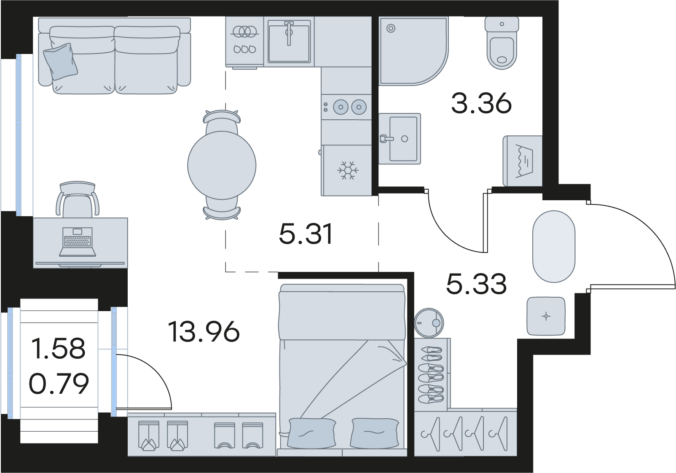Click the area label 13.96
point(204,331)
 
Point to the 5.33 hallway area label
point(476,283)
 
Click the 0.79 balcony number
point(59,383)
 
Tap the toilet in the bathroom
point(502,43)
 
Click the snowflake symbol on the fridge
point(348,170)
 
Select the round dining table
point(222,165)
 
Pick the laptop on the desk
point(78,242)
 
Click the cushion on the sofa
point(60,61)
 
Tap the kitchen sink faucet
point(289,33)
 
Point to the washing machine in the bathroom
point(523,161)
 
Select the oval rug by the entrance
point(554,246)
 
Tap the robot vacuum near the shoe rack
point(429,322)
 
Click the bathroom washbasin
point(400,139)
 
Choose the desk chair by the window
point(78,199)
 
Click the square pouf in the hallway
point(546,316)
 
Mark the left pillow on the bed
point(312,433)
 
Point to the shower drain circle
point(391,29)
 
